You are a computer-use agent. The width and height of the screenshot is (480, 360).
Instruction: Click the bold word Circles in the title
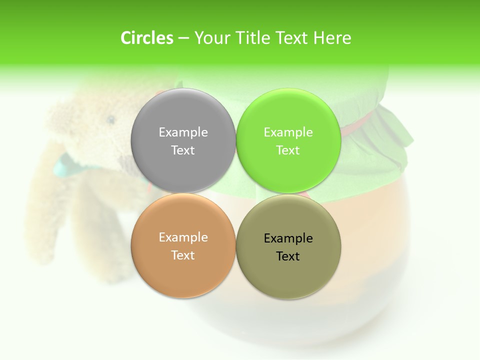(x=146, y=38)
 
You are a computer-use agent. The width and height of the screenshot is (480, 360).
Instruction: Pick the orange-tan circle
(x=183, y=270)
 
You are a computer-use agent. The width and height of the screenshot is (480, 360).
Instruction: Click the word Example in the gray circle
(x=183, y=132)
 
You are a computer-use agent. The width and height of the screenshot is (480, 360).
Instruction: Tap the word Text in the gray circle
(x=183, y=150)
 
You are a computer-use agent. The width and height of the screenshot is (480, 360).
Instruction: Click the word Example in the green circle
(x=288, y=132)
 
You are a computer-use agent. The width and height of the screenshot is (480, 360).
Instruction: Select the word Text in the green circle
(x=288, y=150)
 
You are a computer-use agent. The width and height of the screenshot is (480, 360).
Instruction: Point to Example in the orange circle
(x=183, y=237)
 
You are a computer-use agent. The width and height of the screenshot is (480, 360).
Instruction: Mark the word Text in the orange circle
(x=183, y=255)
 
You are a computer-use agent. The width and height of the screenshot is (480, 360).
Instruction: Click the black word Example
(x=288, y=238)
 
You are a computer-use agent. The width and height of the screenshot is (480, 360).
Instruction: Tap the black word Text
(x=288, y=256)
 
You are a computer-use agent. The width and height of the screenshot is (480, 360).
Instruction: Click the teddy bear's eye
(x=110, y=119)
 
